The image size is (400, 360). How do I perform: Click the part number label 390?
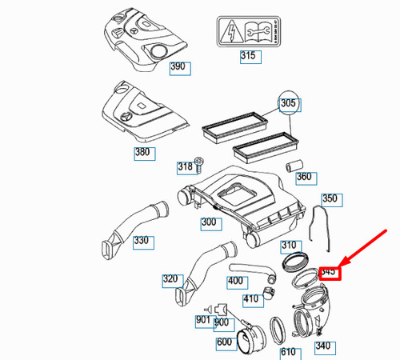tap(180, 68)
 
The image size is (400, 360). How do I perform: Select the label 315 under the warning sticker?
tap(250, 56)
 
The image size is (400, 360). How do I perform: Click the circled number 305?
tap(288, 102)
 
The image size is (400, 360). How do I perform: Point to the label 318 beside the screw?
tap(185, 167)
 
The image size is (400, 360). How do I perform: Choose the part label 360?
tap(304, 177)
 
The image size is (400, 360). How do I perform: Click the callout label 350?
tap(330, 198)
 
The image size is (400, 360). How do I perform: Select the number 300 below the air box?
tap(210, 222)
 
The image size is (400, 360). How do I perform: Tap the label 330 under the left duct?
tap(141, 241)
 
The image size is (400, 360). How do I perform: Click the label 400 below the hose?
tap(235, 281)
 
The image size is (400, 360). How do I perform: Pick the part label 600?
tap(225, 343)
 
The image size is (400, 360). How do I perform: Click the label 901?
tap(203, 321)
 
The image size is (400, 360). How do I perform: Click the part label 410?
tap(251, 300)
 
